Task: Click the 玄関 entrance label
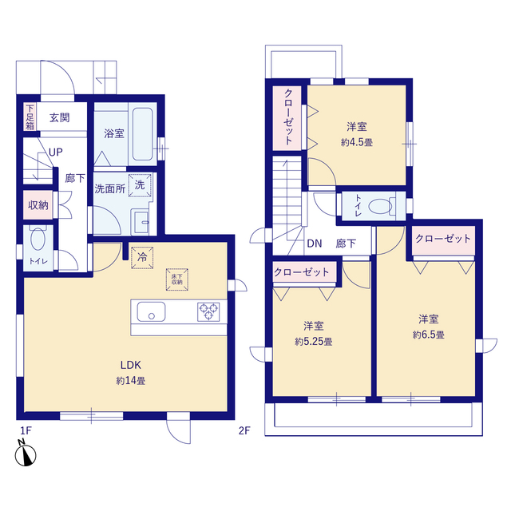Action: click(x=60, y=117)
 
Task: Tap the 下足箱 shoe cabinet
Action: click(x=30, y=117)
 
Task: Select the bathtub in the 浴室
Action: click(x=142, y=134)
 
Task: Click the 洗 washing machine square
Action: click(x=140, y=185)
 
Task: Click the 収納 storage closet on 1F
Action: click(x=38, y=205)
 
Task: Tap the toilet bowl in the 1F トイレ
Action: click(x=38, y=238)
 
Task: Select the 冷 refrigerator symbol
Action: click(x=142, y=257)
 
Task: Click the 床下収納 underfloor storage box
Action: click(x=177, y=279)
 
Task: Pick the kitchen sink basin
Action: click(x=151, y=312)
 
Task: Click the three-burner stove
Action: click(x=208, y=311)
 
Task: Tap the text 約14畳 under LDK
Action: click(x=131, y=381)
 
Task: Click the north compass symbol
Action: click(x=25, y=454)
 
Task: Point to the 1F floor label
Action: click(x=26, y=431)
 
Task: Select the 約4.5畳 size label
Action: click(x=357, y=142)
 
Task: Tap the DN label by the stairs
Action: click(x=315, y=244)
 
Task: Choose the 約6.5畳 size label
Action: click(x=429, y=335)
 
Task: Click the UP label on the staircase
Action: click(x=55, y=153)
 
